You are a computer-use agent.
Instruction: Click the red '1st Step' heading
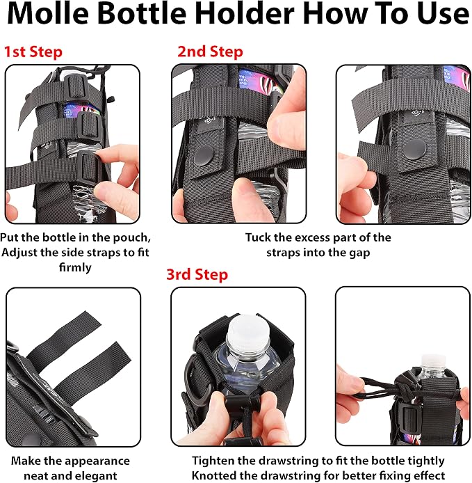pos(33,52)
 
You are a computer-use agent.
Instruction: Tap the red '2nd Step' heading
pos(210,51)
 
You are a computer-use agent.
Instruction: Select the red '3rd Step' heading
pos(197,274)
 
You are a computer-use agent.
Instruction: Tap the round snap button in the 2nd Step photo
pos(204,156)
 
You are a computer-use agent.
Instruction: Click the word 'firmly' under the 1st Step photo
pos(75,267)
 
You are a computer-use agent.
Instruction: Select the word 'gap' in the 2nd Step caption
pos(359,253)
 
